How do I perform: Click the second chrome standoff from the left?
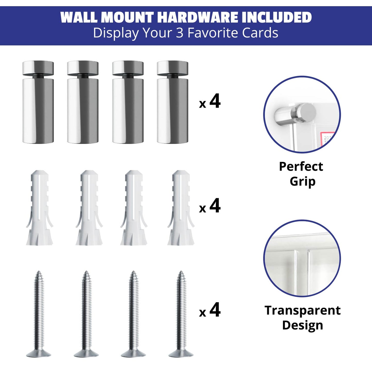click(x=83, y=102)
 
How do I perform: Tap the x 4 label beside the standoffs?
click(x=210, y=102)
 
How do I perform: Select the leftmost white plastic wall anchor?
click(x=39, y=207)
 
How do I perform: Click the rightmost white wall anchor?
click(x=181, y=207)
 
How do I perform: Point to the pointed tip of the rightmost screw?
click(x=181, y=271)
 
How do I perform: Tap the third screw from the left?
click(x=133, y=314)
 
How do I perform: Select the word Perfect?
click(x=301, y=166)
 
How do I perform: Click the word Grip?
click(x=302, y=182)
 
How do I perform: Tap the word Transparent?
click(x=302, y=310)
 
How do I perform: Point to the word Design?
click(x=302, y=325)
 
